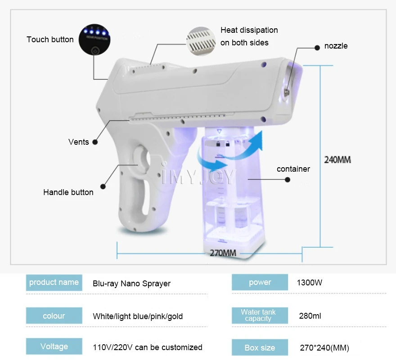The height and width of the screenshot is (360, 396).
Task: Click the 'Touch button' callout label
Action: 50,40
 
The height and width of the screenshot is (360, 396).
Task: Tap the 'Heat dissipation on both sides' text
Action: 249,36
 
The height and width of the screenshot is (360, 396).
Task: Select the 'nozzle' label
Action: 336,46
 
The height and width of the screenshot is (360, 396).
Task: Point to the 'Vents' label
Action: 79,142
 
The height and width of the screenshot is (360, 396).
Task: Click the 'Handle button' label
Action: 68,192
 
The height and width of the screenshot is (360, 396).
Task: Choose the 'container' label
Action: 293,169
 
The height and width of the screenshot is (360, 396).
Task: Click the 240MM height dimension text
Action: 337,160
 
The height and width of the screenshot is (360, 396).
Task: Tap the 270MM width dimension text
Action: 223,253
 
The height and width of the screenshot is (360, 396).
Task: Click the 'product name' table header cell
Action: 54,283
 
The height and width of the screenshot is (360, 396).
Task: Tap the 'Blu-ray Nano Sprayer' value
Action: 131,284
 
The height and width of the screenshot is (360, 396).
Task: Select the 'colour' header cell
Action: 54,316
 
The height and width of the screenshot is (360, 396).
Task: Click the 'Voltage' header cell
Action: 54,347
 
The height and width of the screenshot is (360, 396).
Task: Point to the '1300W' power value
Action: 310,283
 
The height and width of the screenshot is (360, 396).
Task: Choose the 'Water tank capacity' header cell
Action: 260,315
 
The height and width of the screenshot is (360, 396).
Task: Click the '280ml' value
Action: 310,316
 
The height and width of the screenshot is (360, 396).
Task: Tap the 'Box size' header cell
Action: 260,347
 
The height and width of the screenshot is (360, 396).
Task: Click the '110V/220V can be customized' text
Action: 147,347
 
